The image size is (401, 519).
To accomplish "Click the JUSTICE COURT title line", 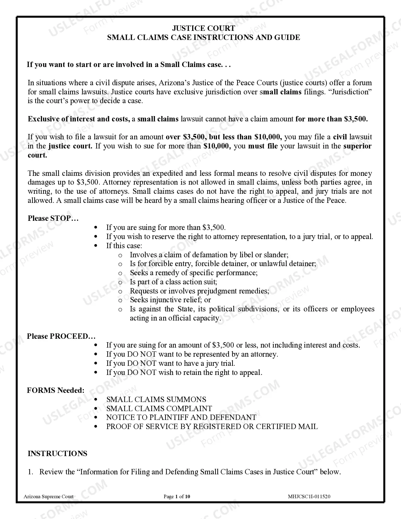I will click(x=203, y=28).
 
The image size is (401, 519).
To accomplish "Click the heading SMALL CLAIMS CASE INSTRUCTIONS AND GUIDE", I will click(x=203, y=37).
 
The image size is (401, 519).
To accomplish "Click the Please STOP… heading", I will click(x=53, y=218).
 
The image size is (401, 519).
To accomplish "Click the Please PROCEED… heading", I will click(x=61, y=336).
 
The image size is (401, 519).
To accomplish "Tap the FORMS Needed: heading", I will click(x=56, y=390).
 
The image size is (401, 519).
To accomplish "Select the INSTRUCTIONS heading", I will click(x=58, y=454).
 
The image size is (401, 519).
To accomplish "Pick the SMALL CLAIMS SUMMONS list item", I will click(x=156, y=399).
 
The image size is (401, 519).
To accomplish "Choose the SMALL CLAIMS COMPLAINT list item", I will click(x=159, y=409).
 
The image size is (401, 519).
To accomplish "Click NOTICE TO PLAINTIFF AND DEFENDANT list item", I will click(x=181, y=417).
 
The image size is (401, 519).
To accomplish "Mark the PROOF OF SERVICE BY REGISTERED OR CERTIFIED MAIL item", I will click(x=212, y=427).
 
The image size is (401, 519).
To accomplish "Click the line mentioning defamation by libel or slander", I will click(x=209, y=255).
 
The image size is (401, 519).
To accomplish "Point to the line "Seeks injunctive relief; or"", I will click(x=170, y=300).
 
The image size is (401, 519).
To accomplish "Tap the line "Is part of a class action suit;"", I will click(x=173, y=282).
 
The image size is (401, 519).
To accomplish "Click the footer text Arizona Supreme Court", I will click(x=49, y=497).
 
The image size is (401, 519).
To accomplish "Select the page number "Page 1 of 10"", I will click(x=177, y=497).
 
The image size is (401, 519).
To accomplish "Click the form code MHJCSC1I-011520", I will click(x=309, y=497).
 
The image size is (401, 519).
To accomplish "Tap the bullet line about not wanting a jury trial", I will click(x=170, y=363).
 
